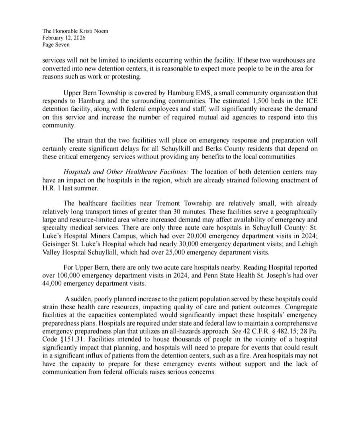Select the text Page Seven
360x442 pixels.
click(56, 45)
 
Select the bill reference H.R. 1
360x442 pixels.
click(50, 188)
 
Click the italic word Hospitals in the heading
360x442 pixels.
click(78, 172)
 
